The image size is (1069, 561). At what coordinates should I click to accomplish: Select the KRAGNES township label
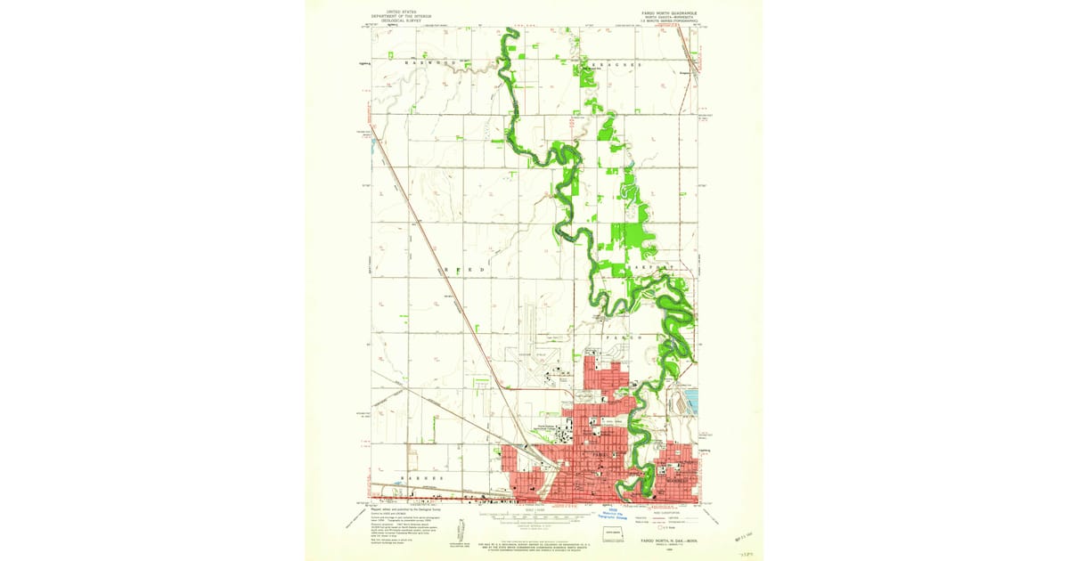[610, 64]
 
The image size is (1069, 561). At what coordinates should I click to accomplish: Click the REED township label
[463, 268]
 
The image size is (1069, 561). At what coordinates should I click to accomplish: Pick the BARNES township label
[422, 478]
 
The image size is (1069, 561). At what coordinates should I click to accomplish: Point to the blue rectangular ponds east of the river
[690, 400]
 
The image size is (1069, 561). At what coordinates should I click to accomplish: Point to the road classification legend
[665, 518]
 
